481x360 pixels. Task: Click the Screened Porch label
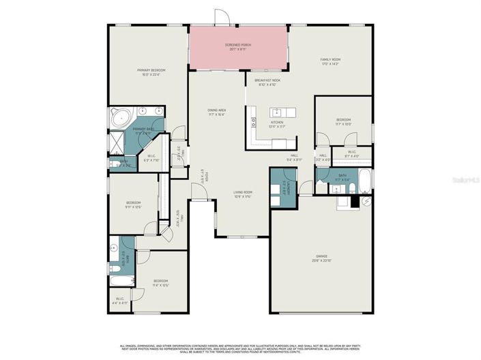(238, 47)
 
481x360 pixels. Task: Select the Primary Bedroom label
(151, 72)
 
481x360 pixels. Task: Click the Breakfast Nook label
(267, 82)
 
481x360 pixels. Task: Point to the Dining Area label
(217, 112)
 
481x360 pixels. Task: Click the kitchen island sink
(277, 112)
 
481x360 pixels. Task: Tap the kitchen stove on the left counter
(253, 123)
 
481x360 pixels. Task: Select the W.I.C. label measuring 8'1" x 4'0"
(352, 154)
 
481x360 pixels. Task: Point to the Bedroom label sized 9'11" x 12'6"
(133, 204)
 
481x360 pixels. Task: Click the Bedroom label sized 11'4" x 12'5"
(160, 282)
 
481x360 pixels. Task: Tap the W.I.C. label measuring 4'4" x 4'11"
(119, 300)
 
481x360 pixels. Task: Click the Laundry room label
(288, 185)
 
